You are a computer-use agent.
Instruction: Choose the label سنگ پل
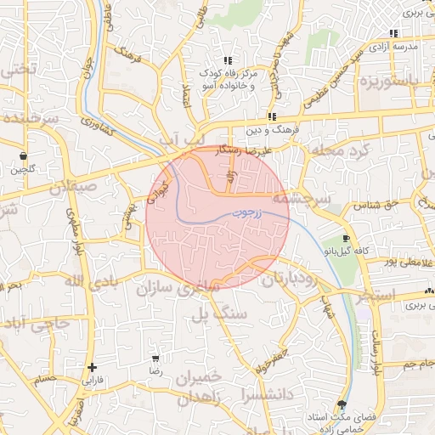coord(201,316)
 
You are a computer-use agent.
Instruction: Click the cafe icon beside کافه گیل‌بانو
coord(345,238)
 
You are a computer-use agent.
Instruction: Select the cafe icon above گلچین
coord(22,155)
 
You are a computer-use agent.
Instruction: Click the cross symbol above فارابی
coord(91,367)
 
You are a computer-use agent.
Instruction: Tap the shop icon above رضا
coord(154,359)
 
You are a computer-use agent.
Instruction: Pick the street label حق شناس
coord(379,205)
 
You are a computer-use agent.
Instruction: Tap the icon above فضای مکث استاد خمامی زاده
coord(342,404)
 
